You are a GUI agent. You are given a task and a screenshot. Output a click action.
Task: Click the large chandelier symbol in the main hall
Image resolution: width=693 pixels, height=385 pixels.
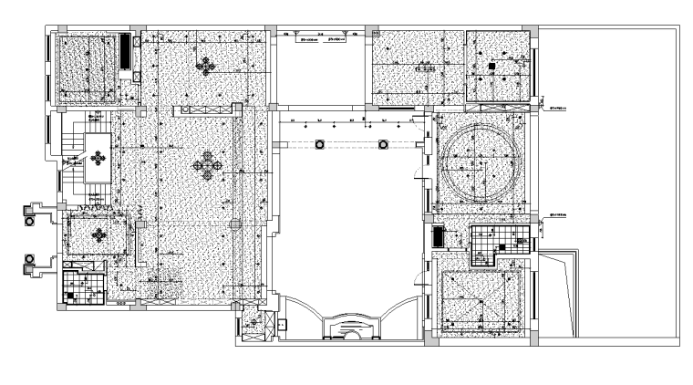pos(208,165)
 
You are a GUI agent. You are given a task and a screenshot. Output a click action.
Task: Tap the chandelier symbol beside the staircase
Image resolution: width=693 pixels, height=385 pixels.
pos(96,160)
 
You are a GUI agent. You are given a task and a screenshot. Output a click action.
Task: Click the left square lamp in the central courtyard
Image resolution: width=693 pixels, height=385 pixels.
pos(320,144)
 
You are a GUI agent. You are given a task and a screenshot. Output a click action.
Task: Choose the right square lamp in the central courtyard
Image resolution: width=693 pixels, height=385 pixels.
pos(385,144)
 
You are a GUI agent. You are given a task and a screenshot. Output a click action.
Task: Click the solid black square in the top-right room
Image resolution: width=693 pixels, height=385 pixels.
pos(490,67)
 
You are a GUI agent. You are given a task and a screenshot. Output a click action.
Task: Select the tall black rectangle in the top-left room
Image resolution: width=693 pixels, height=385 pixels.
pos(126,51)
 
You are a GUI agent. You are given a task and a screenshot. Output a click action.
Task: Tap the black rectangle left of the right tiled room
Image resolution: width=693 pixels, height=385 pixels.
pos(439,237)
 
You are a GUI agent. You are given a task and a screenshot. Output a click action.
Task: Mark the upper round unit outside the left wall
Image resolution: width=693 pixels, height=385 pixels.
pos(29,216)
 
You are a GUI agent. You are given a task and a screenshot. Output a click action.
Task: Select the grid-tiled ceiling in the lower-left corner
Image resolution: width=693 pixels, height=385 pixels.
pos(82,287)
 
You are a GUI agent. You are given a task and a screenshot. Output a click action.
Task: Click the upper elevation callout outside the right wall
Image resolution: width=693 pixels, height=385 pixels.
pos(558,107)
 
